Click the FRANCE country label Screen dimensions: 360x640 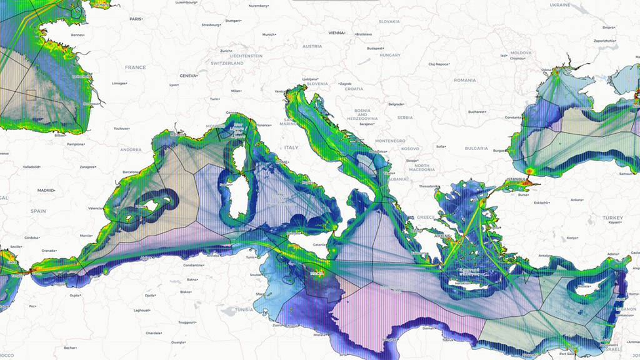(x=135, y=67)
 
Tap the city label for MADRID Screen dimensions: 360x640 (x=46, y=189)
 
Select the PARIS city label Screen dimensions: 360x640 (x=136, y=19)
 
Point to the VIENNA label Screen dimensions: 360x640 (x=336, y=32)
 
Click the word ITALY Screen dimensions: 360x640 (x=291, y=147)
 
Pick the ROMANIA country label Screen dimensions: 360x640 (x=464, y=80)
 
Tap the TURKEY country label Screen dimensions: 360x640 (x=612, y=217)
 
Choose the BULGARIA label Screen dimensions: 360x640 (x=476, y=148)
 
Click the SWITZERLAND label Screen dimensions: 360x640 (x=227, y=63)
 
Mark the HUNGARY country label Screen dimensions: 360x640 (x=389, y=55)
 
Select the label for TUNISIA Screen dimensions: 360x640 (x=244, y=309)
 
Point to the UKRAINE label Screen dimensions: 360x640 (x=559, y=4)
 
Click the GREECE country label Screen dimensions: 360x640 (x=426, y=217)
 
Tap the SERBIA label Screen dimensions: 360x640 (x=405, y=117)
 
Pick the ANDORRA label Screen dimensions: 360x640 (x=131, y=150)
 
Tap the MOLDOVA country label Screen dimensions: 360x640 (x=521, y=53)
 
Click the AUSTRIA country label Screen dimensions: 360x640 (x=312, y=46)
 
